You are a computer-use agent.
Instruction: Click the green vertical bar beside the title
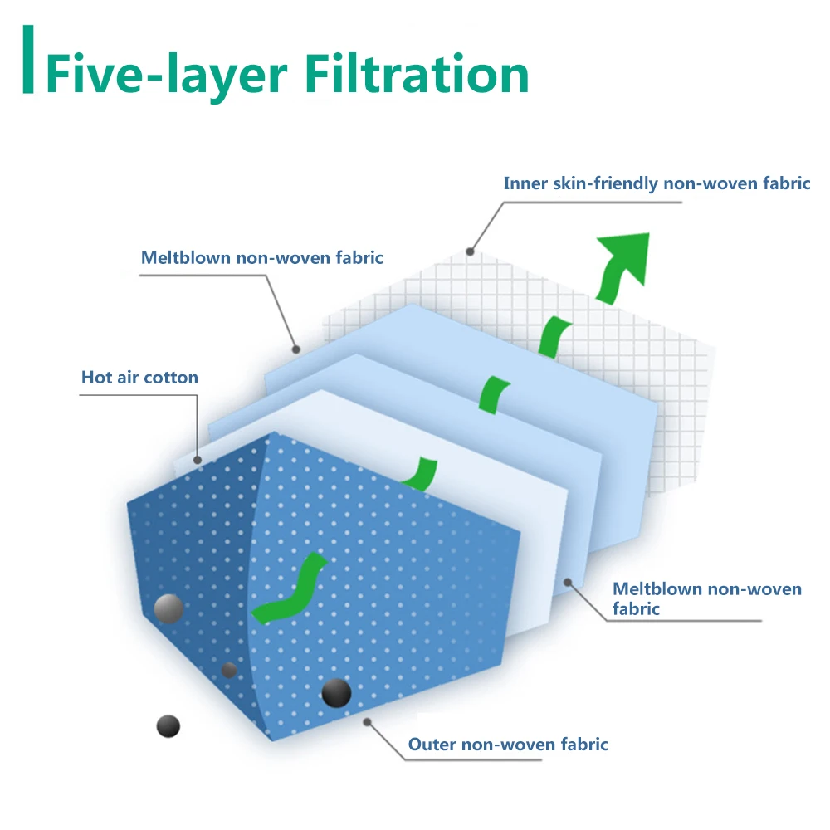click(x=29, y=60)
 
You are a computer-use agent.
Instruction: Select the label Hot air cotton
click(x=139, y=378)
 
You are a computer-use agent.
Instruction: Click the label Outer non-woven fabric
click(x=508, y=745)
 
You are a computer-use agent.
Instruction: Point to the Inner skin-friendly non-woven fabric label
click(x=657, y=183)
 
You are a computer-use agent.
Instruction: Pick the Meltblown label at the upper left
click(x=261, y=257)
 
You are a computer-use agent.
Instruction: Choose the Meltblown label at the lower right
click(x=706, y=598)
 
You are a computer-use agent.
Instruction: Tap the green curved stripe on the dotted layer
click(x=290, y=588)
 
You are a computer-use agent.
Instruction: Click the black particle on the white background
click(x=168, y=726)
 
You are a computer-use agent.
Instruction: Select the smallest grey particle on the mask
click(x=229, y=670)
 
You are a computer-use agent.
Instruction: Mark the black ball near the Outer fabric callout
click(x=336, y=692)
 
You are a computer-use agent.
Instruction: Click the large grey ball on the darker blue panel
click(x=169, y=608)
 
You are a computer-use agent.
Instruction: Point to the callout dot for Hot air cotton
click(x=198, y=459)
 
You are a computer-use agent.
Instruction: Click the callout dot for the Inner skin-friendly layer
click(x=470, y=251)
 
